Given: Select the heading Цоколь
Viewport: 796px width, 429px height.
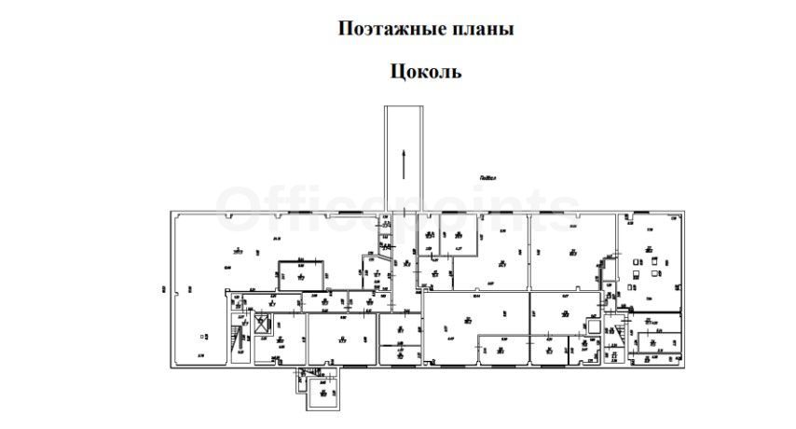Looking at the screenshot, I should point(424,71).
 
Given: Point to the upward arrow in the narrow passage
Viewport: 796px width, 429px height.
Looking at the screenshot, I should point(403,162).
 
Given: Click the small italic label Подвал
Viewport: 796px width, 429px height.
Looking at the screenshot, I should point(487,176).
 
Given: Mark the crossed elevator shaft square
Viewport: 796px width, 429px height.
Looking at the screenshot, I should point(260,325).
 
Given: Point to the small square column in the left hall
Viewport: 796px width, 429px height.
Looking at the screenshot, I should point(203,337).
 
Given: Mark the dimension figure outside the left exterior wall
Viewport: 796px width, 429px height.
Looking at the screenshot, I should point(163,288).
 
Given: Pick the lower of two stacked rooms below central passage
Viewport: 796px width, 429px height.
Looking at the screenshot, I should point(399,353).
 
